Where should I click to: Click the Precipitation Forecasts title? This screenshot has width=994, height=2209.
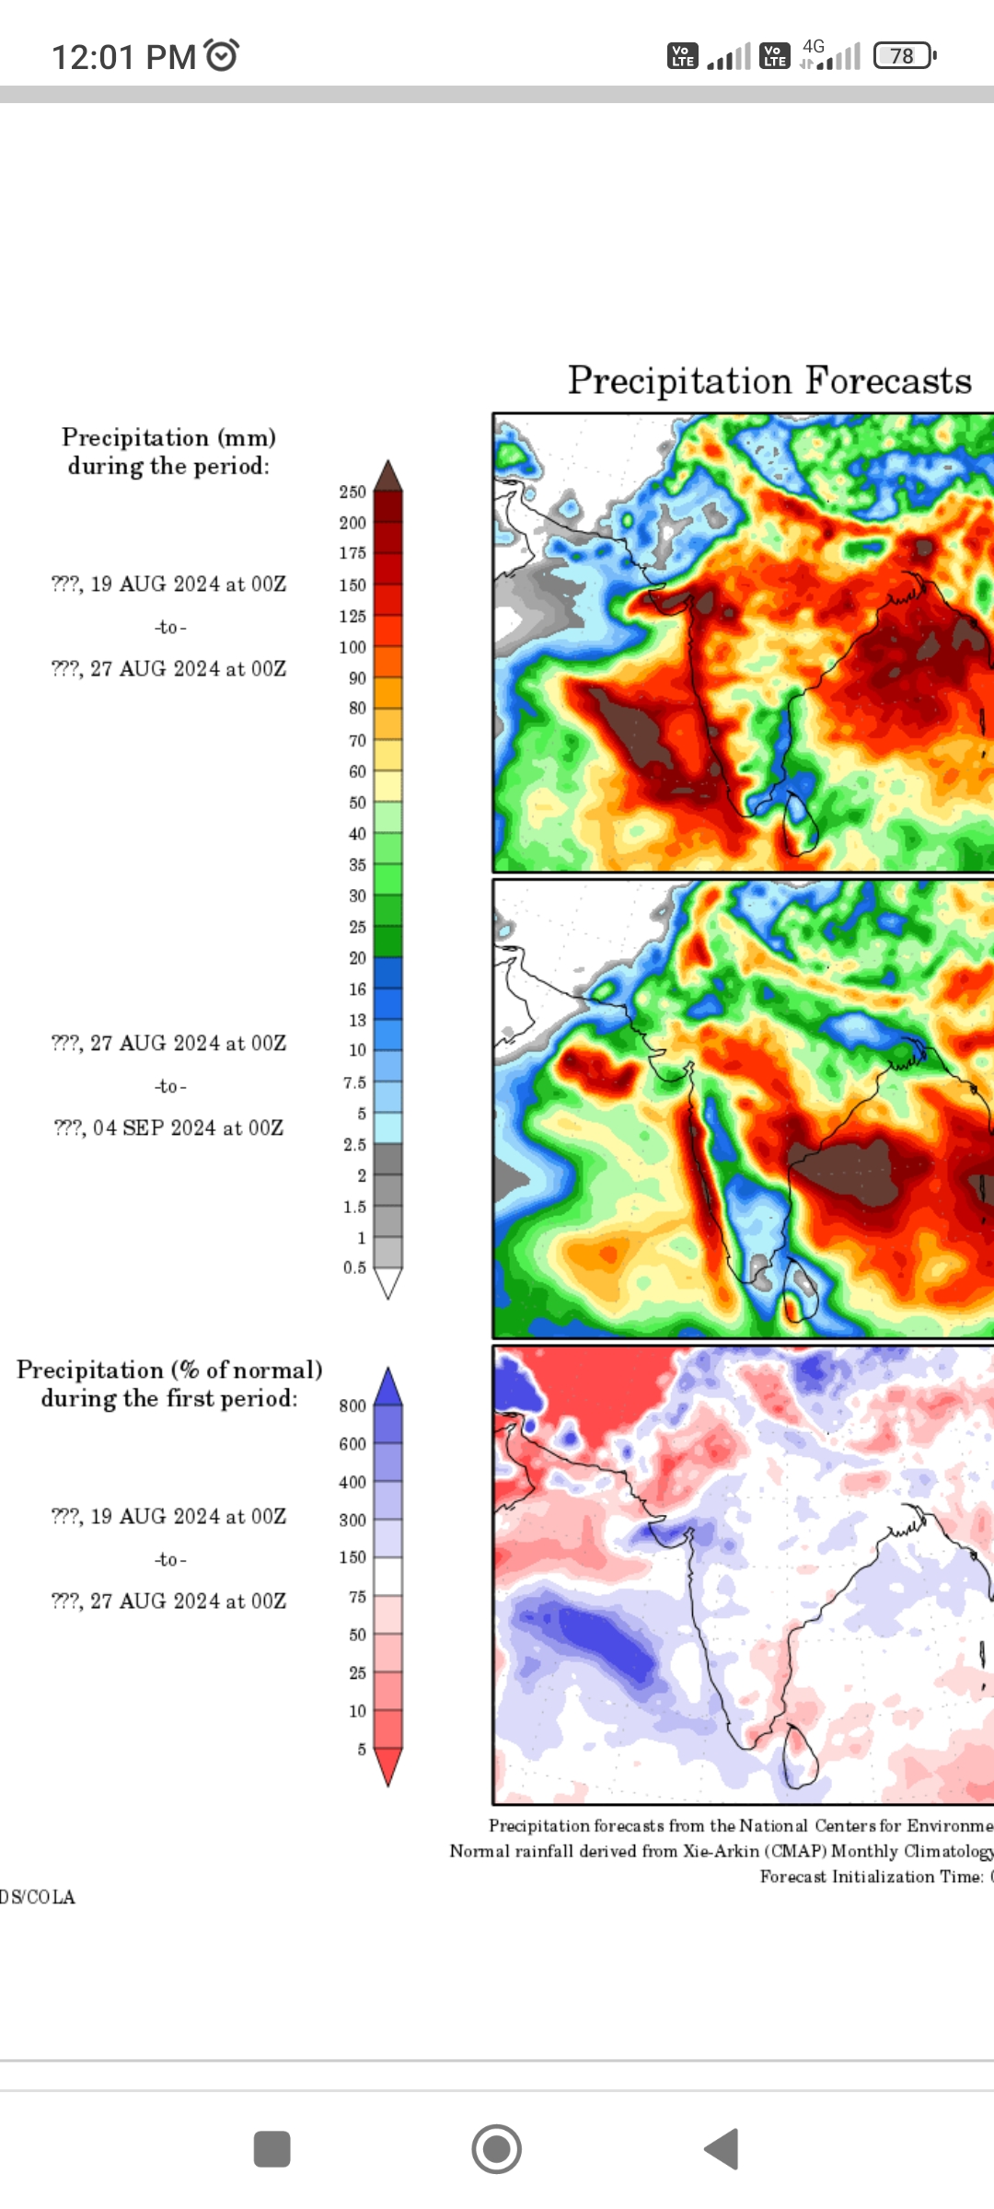(769, 381)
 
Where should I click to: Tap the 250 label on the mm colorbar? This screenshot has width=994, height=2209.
(353, 492)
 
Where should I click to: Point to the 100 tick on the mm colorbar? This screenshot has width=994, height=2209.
(353, 647)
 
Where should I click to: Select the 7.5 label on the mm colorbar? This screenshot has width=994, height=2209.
(354, 1082)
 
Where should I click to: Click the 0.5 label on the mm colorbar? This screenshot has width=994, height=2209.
(354, 1267)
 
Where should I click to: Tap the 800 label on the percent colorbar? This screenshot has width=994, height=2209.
(353, 1405)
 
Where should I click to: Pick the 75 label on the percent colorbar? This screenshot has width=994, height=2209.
(357, 1597)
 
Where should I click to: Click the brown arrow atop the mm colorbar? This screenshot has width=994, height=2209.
(388, 476)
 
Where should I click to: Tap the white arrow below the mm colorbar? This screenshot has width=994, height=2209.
(388, 1283)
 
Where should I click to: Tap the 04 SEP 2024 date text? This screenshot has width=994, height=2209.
(169, 1128)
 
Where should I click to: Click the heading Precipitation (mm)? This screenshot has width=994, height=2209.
(168, 437)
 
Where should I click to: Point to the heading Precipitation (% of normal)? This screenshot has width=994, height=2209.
(169, 1371)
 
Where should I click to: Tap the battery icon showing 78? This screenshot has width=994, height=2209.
(905, 56)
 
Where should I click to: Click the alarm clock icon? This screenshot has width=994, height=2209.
(222, 55)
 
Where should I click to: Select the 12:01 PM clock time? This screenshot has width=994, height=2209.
(123, 57)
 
